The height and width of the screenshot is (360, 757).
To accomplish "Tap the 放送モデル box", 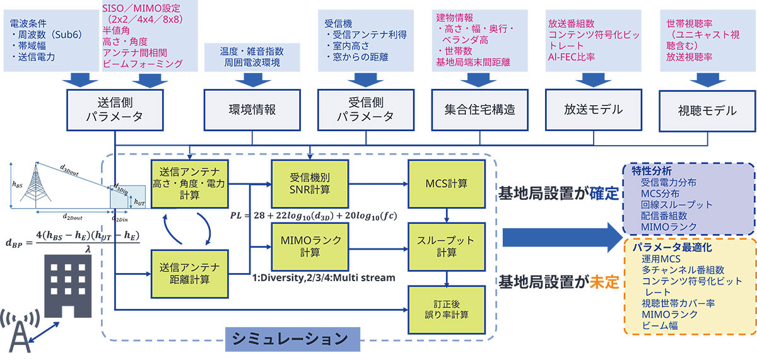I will coord(594,110).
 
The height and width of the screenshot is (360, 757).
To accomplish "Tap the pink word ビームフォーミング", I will coord(142,64).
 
